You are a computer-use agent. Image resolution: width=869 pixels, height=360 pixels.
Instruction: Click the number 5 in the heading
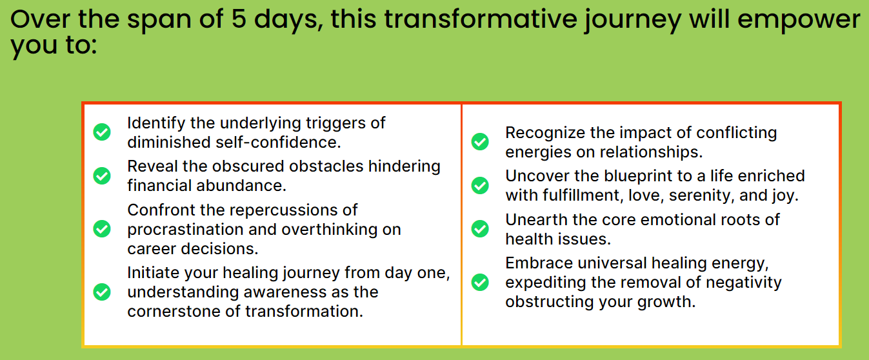tap(239, 19)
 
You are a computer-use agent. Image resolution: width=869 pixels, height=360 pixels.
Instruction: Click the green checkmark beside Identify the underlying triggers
tap(102, 132)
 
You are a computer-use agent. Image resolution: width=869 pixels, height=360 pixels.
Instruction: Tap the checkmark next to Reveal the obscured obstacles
tap(102, 175)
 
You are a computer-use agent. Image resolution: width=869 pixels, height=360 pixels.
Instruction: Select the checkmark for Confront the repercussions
tap(102, 228)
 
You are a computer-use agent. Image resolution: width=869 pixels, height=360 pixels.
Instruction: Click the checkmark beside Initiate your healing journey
tap(102, 292)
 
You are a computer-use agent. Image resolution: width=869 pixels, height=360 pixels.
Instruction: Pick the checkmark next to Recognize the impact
tap(480, 141)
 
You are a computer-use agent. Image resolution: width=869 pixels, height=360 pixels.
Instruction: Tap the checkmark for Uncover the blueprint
tap(480, 185)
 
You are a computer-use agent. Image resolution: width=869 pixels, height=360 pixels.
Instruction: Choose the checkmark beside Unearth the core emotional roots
tap(480, 229)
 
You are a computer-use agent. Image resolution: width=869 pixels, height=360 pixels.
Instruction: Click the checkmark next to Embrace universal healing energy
tap(480, 282)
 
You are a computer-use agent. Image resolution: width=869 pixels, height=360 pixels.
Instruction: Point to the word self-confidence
tap(278, 142)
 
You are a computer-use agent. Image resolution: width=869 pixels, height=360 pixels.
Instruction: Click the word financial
tap(159, 185)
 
